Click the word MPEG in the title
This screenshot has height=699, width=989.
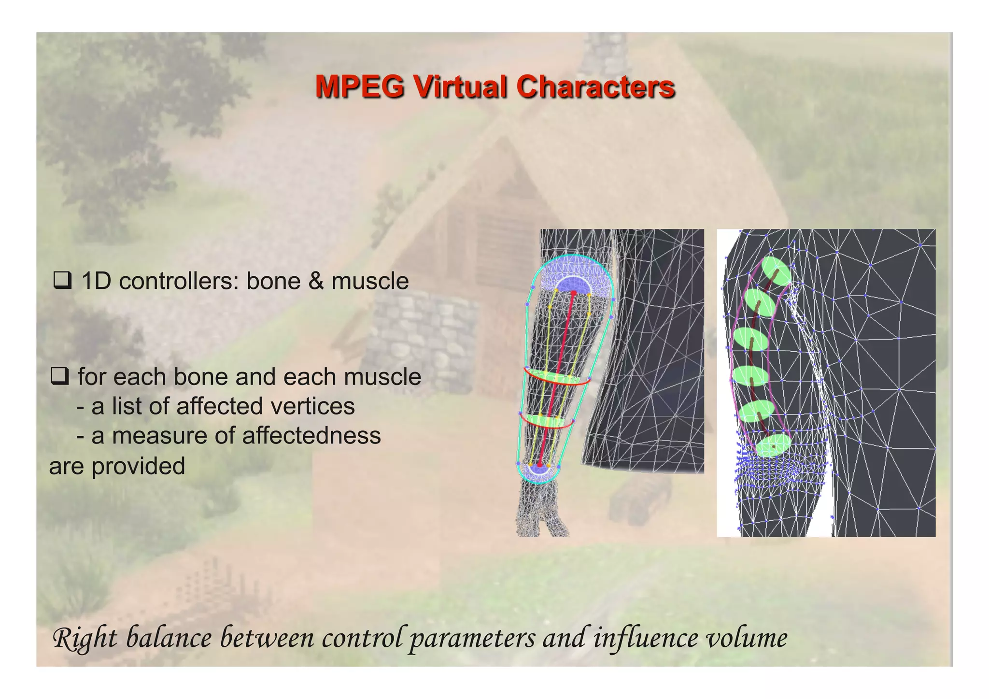pos(360,87)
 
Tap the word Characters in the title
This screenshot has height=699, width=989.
pos(595,87)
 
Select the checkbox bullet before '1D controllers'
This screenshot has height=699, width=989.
pos(62,281)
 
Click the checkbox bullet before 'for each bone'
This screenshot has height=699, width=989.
pos(59,376)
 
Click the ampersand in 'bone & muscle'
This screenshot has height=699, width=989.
pos(316,281)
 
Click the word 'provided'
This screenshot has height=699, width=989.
pos(138,466)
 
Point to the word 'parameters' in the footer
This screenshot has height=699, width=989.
pos(472,638)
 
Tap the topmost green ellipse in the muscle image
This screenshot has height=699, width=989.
pos(776,271)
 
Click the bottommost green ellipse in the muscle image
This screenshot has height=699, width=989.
pos(773,445)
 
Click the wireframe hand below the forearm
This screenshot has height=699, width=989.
pos(542,512)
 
